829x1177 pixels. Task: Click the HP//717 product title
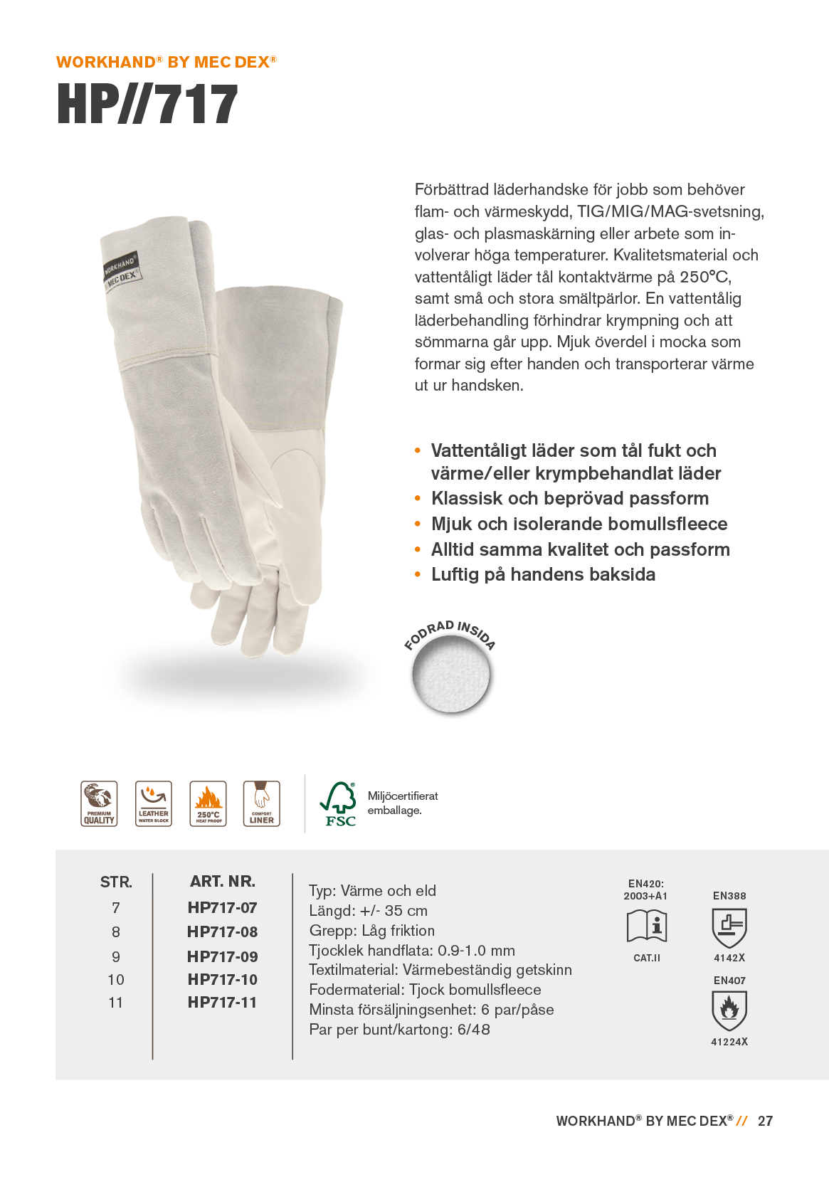point(147,105)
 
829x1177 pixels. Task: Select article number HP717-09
point(222,956)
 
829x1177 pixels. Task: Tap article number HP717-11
point(222,1002)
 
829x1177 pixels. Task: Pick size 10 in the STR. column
point(116,979)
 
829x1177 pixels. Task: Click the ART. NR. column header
point(222,881)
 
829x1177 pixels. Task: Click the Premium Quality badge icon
point(99,803)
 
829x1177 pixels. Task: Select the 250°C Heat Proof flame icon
point(208,803)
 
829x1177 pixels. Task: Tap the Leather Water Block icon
point(154,803)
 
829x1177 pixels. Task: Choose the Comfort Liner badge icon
point(262,803)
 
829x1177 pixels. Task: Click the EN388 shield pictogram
point(729,927)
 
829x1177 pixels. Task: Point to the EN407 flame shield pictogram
point(729,1010)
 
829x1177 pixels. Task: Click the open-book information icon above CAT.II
point(647,926)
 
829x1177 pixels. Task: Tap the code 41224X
point(729,1042)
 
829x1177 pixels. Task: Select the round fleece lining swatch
point(451,674)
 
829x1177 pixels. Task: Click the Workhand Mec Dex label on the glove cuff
point(121,270)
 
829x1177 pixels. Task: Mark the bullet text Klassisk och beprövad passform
point(570,498)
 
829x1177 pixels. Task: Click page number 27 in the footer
point(765,1121)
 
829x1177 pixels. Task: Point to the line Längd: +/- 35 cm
point(368,910)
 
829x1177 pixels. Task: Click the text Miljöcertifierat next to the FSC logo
point(403,796)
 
